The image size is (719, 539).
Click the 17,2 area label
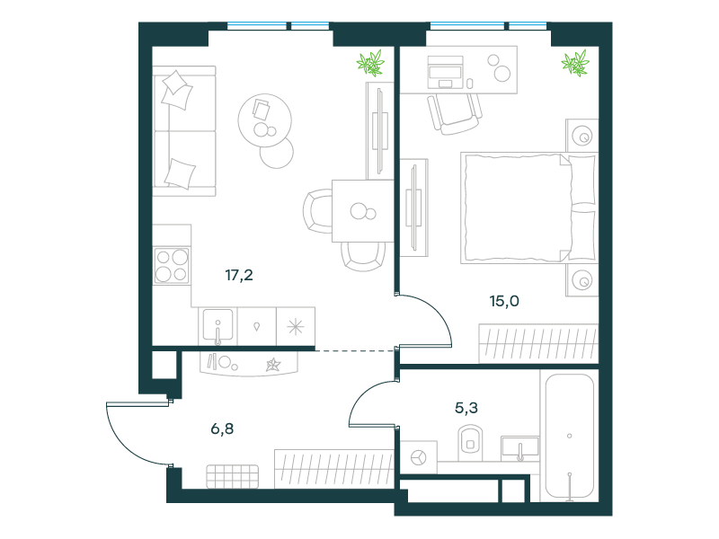[x=239, y=275]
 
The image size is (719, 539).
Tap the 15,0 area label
[x=504, y=301]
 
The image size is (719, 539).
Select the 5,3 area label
[x=466, y=408]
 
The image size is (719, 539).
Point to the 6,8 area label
[x=222, y=429]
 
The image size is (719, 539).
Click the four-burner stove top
[x=172, y=266]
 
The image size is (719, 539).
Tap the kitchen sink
[x=217, y=326]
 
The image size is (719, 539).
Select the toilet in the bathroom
[x=470, y=442]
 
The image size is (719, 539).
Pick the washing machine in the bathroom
[x=419, y=457]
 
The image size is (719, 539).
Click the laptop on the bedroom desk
[x=445, y=72]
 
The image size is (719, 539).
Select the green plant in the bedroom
[x=575, y=62]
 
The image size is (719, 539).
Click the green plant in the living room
[x=370, y=62]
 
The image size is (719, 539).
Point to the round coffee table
[x=264, y=120]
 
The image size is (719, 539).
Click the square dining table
[x=363, y=211]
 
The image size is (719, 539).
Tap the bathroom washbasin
[x=519, y=447]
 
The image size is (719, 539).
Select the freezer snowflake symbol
[x=296, y=326]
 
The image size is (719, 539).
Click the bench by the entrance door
[x=233, y=477]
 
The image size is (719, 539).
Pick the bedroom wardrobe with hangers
[x=538, y=344]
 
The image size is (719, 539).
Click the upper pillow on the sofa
[x=176, y=90]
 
